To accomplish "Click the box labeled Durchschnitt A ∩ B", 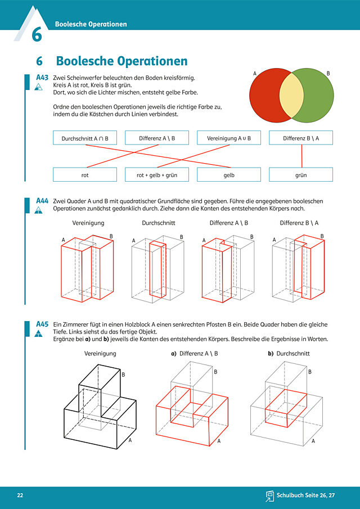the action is tap(85, 138).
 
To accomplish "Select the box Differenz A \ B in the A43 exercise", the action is tap(157, 138).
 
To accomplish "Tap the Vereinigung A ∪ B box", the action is tap(229, 138).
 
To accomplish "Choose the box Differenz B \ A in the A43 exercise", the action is tap(301, 138).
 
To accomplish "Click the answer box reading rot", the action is tap(85, 175).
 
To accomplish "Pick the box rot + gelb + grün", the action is tap(157, 175).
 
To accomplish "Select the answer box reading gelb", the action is tap(229, 175).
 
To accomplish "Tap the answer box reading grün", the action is tap(301, 175).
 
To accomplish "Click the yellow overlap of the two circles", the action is tap(291, 95).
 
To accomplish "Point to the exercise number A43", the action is tap(42, 78).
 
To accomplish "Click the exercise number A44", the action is tap(42, 201).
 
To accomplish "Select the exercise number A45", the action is tap(42, 324).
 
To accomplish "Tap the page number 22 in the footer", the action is tap(20, 496).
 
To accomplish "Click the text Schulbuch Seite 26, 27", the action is tap(305, 496).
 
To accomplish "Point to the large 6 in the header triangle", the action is tap(37, 35).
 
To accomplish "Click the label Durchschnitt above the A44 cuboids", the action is tap(159, 223).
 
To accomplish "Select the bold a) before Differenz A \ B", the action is tap(174, 354).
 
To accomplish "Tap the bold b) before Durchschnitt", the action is tap(271, 354).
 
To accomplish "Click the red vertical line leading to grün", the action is tap(301, 156).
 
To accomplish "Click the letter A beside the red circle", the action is tap(255, 74).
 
